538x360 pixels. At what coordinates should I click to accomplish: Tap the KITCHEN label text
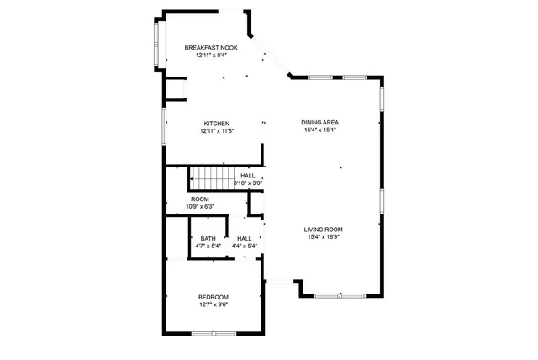click(x=216, y=123)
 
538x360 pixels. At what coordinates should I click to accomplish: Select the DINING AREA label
click(x=319, y=123)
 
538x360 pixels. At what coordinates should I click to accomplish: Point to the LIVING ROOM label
click(x=323, y=229)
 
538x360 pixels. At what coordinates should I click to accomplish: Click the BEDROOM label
click(x=213, y=297)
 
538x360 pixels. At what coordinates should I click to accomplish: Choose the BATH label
click(x=207, y=239)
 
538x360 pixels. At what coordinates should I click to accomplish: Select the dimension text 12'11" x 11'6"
click(x=216, y=130)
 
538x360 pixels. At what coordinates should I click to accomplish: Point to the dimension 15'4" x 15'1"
click(x=319, y=130)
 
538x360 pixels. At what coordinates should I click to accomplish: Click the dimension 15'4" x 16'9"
click(x=323, y=236)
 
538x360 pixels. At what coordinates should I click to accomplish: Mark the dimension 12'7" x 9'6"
click(x=213, y=304)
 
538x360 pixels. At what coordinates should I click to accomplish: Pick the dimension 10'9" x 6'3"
click(x=199, y=206)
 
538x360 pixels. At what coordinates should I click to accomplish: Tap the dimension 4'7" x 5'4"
click(x=207, y=246)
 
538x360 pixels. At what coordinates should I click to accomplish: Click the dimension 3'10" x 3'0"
click(x=248, y=183)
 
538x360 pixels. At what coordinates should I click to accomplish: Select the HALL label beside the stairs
click(x=248, y=175)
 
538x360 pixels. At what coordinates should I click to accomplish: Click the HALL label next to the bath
click(x=245, y=239)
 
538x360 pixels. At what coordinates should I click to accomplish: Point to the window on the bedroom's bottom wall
click(x=214, y=334)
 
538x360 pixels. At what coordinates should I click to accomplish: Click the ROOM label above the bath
click(x=199, y=199)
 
